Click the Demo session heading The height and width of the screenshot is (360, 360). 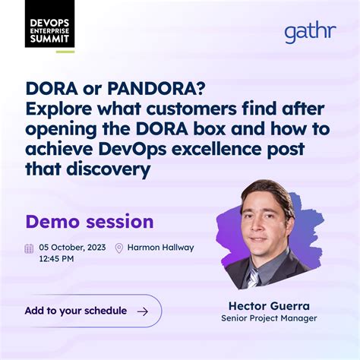click(89, 222)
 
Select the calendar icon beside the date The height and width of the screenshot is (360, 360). click(29, 248)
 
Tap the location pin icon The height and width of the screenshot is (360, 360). click(118, 248)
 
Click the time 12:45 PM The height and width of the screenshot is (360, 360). click(56, 259)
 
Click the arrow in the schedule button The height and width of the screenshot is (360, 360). click(142, 311)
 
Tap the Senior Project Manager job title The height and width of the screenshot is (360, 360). click(269, 318)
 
